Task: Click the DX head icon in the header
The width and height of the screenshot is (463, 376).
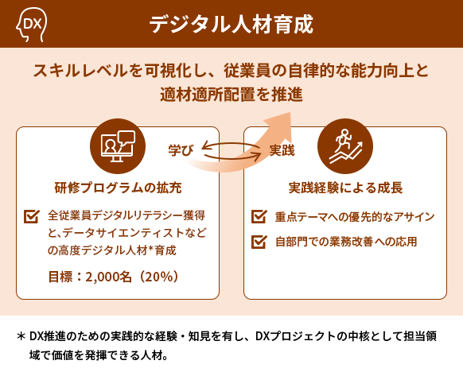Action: pos(31,25)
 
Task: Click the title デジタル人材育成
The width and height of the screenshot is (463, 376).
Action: pos(231,24)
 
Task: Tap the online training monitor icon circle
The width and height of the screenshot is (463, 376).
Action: pos(118,146)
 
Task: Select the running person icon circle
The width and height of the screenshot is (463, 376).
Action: pos(345,146)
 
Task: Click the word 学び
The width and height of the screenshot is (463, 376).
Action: pos(181,150)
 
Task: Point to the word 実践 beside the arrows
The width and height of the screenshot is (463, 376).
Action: pos(282,150)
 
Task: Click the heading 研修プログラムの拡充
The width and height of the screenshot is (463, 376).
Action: pos(118,188)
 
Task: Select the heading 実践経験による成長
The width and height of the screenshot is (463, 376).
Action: pos(345,188)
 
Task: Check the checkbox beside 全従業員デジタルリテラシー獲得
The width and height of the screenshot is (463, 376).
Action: pos(32,216)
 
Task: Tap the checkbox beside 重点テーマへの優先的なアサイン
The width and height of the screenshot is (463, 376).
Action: pos(259,216)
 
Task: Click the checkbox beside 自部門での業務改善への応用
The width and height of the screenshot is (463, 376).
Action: pos(259,242)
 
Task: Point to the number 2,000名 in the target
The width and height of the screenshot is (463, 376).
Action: pos(108,277)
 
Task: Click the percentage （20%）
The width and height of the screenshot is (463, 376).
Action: pos(158,277)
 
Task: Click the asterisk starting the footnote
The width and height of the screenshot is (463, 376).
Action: pos(21,336)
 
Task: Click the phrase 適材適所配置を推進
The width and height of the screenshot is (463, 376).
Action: pos(231,95)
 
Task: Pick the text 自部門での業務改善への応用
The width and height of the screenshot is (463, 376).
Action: pos(346,242)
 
